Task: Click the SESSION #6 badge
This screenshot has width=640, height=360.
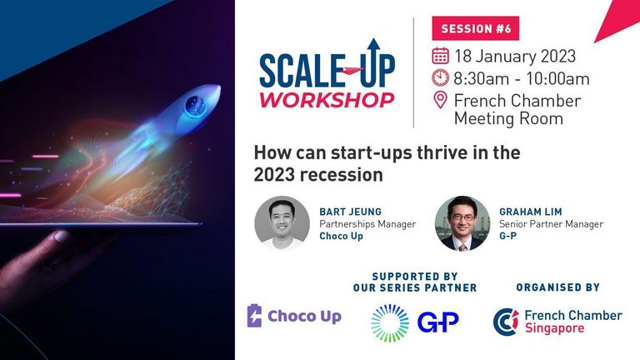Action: [x=476, y=28]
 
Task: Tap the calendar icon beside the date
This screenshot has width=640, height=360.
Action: [x=440, y=56]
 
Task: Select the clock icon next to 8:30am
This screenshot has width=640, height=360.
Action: [x=440, y=78]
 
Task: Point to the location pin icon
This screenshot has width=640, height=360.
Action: [x=440, y=100]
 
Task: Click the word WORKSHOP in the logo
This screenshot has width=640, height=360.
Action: [x=327, y=100]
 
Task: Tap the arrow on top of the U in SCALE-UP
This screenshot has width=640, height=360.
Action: [x=373, y=47]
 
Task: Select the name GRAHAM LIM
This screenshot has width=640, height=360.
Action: [x=531, y=212]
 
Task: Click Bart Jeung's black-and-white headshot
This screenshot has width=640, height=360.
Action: [x=282, y=223]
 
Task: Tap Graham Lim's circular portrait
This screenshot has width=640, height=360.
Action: [x=462, y=223]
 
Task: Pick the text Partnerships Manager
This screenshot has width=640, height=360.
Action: [x=367, y=224]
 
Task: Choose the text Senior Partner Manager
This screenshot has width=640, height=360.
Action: [x=551, y=224]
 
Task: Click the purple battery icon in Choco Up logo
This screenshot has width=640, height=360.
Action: [x=254, y=316]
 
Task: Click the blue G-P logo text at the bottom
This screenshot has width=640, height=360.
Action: [x=438, y=322]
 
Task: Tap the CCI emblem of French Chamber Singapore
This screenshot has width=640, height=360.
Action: [x=506, y=322]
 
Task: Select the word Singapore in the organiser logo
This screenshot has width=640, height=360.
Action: [x=554, y=328]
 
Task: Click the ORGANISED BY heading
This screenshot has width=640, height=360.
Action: [x=558, y=287]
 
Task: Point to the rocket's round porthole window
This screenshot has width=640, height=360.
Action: [x=196, y=105]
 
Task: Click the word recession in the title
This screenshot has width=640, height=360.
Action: [x=341, y=175]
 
